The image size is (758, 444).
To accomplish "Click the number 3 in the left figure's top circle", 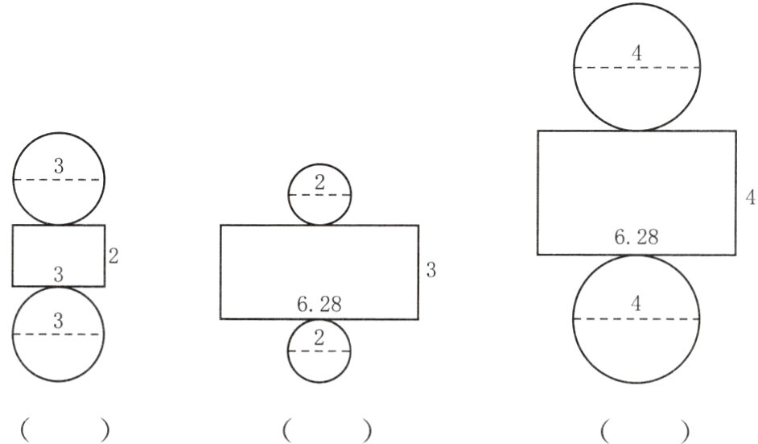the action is point(59,167).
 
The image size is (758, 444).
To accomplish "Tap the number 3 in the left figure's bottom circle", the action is point(58,322).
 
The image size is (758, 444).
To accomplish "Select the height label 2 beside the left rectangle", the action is point(113,256).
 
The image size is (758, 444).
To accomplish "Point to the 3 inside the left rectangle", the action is point(58,275).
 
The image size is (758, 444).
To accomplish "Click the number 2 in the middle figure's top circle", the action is point(319,183).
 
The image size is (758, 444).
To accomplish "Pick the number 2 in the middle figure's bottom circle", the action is point(319,338).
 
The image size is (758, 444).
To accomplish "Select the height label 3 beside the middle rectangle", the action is point(430,271).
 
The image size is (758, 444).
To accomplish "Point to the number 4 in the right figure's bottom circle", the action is point(636,305).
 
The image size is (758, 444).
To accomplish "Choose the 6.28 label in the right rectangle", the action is point(636,239).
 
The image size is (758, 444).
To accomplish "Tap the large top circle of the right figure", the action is point(636,89).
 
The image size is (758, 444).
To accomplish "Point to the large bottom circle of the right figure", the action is point(636,338).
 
